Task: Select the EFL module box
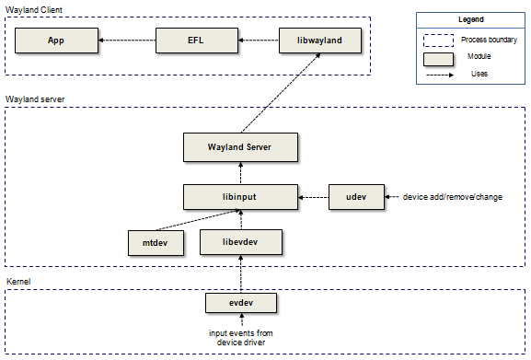pos(195,41)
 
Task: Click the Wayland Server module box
pos(240,145)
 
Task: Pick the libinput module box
pos(240,196)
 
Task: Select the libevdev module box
pos(239,243)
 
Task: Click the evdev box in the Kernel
pos(240,302)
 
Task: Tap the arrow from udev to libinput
pos(313,196)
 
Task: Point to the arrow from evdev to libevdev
pos(240,273)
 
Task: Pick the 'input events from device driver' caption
pos(240,338)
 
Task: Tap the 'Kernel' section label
pos(19,279)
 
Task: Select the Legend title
pos(470,18)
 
